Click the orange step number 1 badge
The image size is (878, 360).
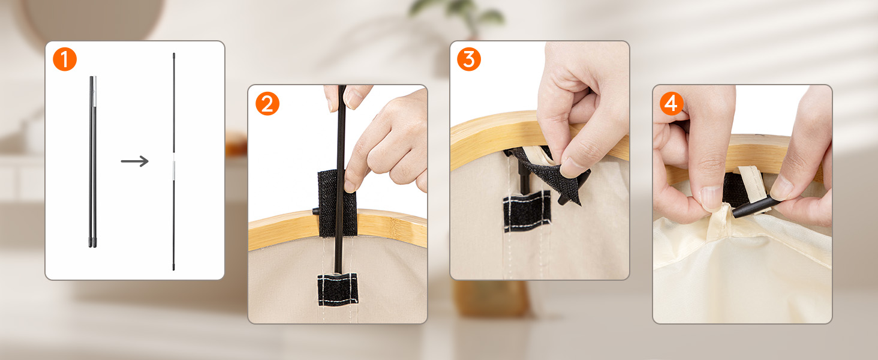(x=65, y=59)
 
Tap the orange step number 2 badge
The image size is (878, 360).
(x=267, y=104)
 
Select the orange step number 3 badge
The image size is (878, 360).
(x=469, y=59)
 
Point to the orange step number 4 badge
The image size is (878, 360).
(x=672, y=104)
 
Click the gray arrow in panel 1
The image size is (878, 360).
(x=135, y=161)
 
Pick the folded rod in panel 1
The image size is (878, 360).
(x=92, y=161)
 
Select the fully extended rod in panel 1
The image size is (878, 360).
(x=174, y=161)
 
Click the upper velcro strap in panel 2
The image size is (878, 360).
(x=337, y=203)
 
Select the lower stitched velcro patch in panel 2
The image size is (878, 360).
(x=338, y=290)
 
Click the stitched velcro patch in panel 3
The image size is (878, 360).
(x=527, y=211)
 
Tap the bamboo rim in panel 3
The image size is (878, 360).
(x=494, y=137)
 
